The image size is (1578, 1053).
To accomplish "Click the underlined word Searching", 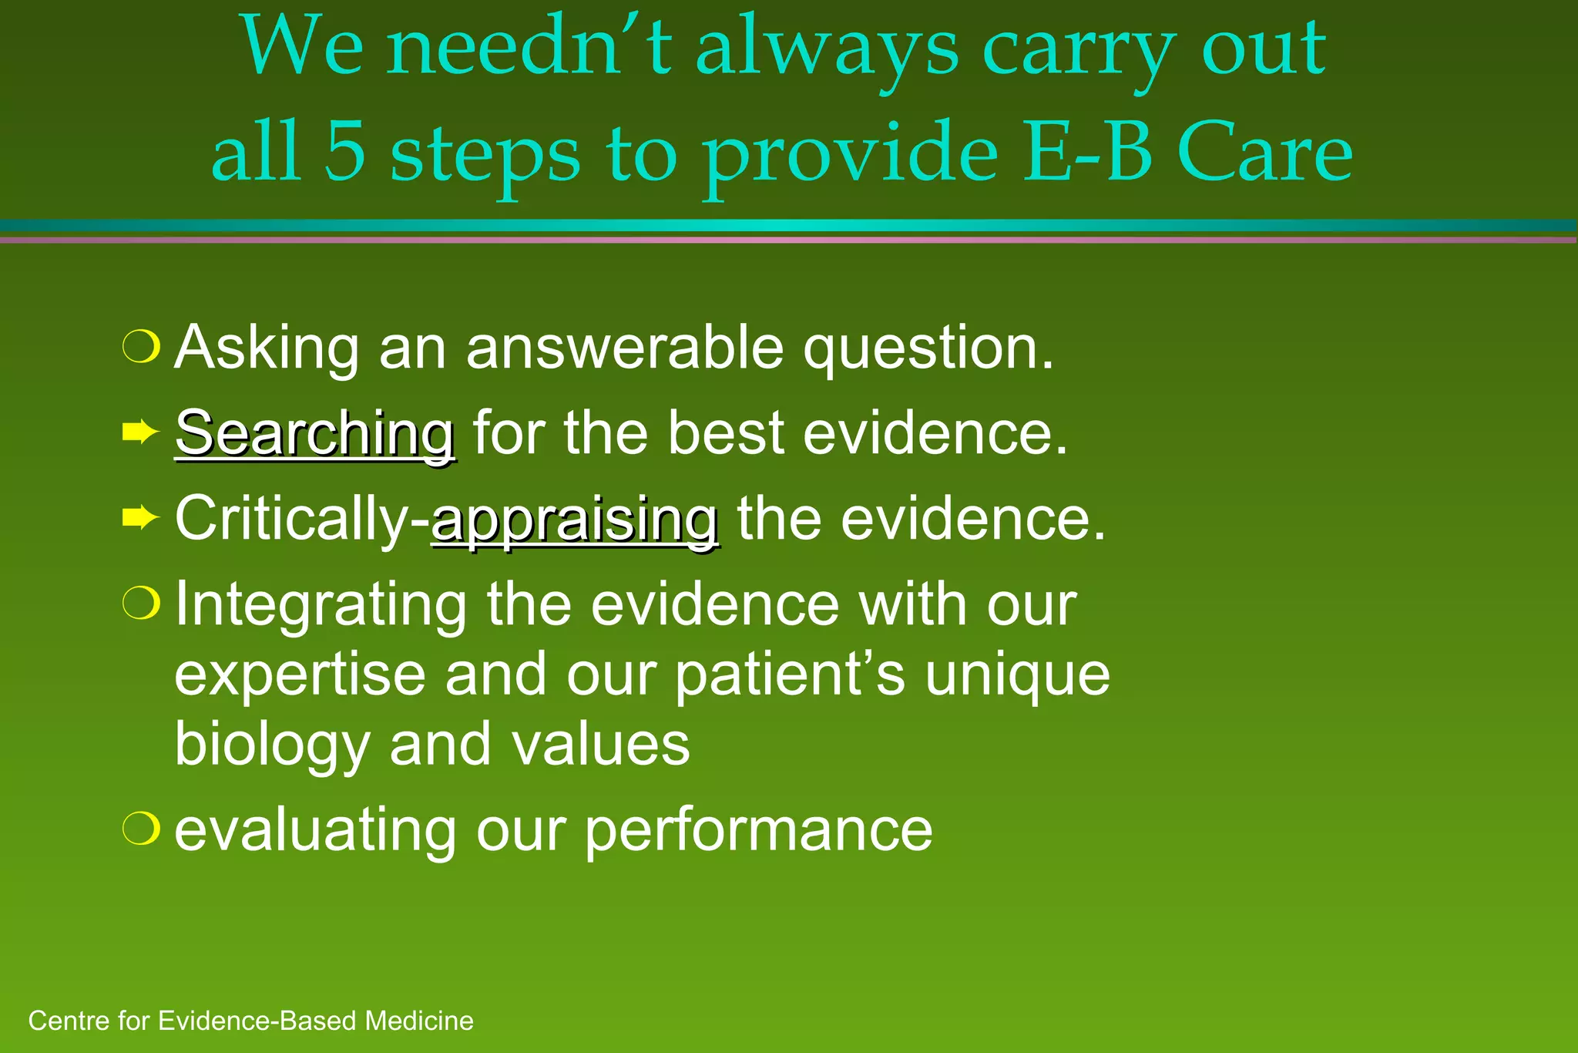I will click(314, 434).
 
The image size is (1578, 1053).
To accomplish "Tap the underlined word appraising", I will click(575, 520).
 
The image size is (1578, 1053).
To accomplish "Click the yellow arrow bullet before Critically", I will click(140, 518).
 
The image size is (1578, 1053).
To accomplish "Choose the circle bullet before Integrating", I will click(142, 604).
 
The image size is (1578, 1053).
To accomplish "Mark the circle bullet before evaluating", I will click(142, 829).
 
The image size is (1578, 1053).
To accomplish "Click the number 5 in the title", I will click(344, 152).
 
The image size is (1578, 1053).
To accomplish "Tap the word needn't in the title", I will click(529, 49).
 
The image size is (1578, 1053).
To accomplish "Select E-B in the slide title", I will click(1088, 152).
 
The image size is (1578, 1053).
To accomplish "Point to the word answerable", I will click(625, 348).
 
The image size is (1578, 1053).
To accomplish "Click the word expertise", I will click(300, 675).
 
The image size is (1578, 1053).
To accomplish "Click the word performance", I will click(758, 830).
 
